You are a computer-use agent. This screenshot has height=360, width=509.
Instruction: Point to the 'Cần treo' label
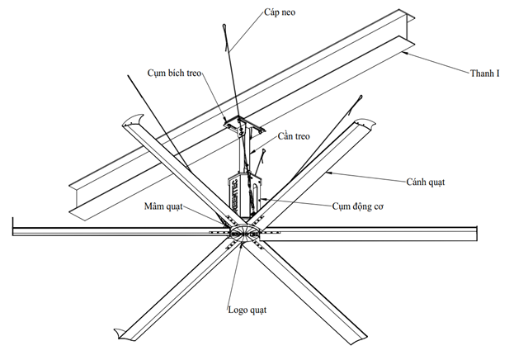(293, 136)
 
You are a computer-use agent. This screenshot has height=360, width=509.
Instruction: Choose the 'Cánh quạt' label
(425, 181)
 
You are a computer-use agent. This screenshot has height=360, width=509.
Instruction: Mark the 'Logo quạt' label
(248, 310)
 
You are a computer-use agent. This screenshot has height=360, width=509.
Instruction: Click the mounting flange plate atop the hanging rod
(243, 125)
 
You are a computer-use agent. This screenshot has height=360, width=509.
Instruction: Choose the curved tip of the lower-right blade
(358, 339)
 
